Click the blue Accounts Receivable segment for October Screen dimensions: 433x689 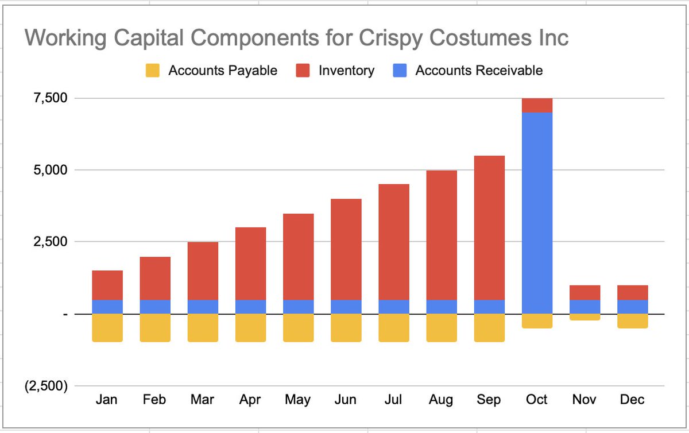tap(537, 212)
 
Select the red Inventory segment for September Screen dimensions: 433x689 tap(489, 227)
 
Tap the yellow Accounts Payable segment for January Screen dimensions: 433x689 tap(107, 328)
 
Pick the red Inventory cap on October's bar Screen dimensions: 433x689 tap(537, 105)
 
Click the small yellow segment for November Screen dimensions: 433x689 tap(585, 317)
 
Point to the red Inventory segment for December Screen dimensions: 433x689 tap(633, 292)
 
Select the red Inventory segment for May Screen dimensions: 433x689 tap(298, 256)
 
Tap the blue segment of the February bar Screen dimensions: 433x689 tap(155, 307)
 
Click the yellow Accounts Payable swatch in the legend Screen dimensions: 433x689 tap(152, 71)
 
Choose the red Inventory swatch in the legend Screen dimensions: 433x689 tap(302, 71)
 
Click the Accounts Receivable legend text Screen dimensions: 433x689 tap(479, 71)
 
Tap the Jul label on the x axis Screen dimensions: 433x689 tap(393, 399)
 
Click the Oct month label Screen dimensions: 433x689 tap(537, 399)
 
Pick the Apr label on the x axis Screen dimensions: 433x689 tap(250, 399)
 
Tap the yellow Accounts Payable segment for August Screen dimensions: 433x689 tap(442, 328)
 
